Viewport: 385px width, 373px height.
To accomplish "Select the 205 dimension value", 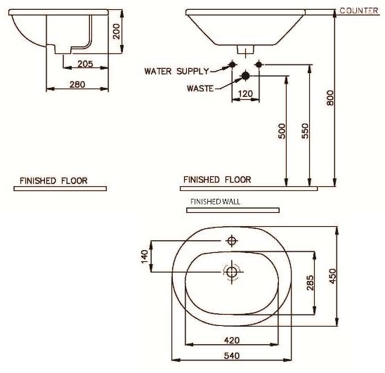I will tap(85, 64).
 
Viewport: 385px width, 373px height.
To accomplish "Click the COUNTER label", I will tap(359, 11).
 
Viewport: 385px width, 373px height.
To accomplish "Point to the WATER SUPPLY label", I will tap(176, 71).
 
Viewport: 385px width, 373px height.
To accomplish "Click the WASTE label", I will tap(200, 89).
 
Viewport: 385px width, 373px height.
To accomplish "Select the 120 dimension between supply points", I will tap(244, 93).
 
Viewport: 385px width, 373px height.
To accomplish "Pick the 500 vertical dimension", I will tap(282, 131).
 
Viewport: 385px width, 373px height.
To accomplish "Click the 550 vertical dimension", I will tap(305, 131).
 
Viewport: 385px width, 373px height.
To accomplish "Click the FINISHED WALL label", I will tap(215, 201).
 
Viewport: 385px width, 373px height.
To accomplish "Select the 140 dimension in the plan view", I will tap(146, 257).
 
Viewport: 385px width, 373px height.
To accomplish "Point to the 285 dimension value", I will tap(311, 282).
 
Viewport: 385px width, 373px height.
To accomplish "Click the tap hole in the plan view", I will tap(232, 242).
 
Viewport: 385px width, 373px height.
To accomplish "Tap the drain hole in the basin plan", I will tap(232, 271).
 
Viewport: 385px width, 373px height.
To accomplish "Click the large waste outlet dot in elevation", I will tap(244, 75).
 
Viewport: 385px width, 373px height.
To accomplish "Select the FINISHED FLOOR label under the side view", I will tap(53, 181).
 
